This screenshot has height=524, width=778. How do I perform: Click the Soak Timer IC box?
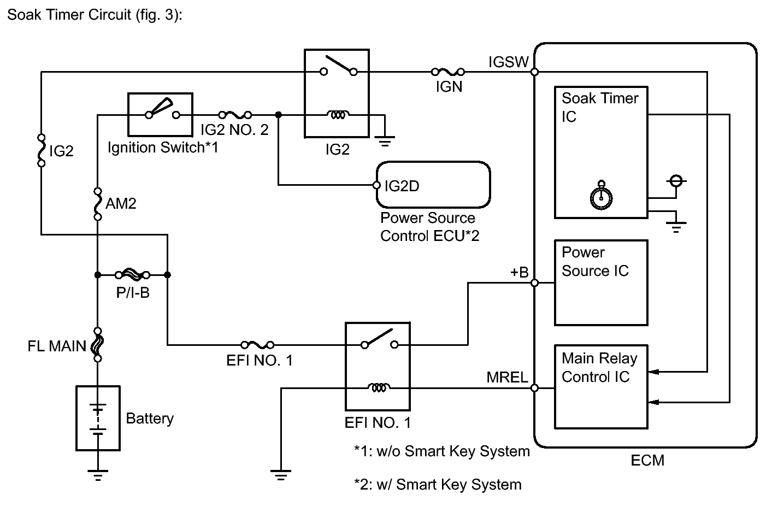click(x=600, y=152)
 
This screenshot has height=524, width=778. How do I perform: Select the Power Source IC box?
click(x=600, y=283)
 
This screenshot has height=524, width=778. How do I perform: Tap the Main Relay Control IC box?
click(x=600, y=386)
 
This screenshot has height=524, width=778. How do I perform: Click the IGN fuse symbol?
click(x=448, y=72)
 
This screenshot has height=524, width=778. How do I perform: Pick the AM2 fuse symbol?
click(x=97, y=204)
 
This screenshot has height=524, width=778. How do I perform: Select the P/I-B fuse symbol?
click(x=132, y=274)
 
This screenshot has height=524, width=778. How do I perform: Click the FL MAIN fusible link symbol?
click(x=98, y=345)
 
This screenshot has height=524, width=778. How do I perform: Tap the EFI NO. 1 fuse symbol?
click(x=257, y=345)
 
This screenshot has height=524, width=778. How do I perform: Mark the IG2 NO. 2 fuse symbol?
click(x=235, y=115)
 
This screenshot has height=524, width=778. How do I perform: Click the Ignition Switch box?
click(x=160, y=114)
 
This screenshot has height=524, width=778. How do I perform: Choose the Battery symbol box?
click(x=98, y=418)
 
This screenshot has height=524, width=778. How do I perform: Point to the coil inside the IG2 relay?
click(x=339, y=115)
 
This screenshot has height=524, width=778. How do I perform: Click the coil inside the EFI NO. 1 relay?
click(x=379, y=388)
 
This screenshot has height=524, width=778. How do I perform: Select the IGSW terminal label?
click(x=508, y=62)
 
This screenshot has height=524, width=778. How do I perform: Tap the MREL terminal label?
click(x=507, y=378)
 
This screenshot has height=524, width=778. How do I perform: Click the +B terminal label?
click(x=519, y=272)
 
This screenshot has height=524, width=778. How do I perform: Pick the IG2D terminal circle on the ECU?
click(x=376, y=185)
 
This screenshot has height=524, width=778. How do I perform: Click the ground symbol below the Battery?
click(x=98, y=475)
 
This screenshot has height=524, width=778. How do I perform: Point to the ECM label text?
click(x=647, y=461)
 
